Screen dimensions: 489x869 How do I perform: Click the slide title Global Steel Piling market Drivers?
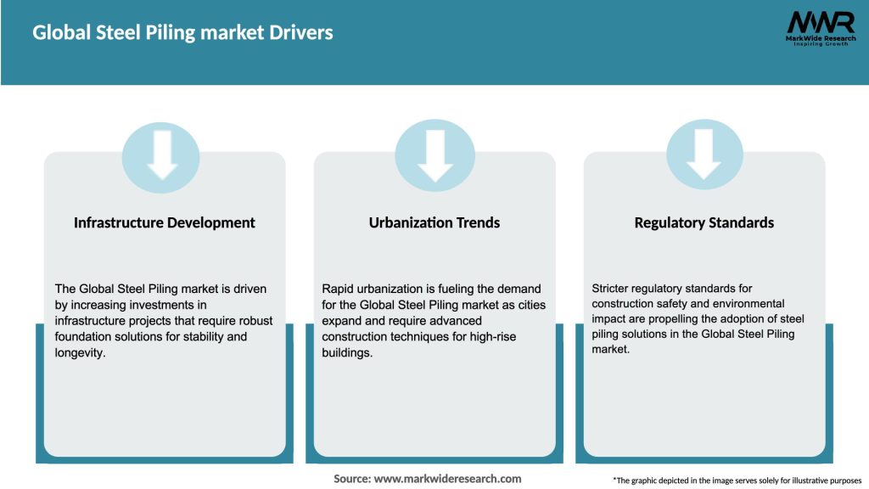coord(182,33)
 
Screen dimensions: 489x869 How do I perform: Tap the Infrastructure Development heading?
coord(165,222)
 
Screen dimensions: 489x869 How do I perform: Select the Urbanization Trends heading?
coord(434,222)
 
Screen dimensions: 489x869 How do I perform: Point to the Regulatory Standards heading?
coord(704,222)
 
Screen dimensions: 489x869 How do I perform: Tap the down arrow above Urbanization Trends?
coord(434,154)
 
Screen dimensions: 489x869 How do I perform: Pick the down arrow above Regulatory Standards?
coord(704,154)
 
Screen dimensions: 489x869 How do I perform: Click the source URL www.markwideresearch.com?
coord(447,479)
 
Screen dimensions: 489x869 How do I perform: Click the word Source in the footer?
coord(352,479)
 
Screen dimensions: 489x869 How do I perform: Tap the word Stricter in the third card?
coord(613,289)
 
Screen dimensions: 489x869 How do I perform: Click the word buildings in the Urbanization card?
coord(347,352)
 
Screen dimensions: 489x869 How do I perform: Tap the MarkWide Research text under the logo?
coord(820,38)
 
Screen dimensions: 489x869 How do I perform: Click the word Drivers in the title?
coord(303,33)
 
